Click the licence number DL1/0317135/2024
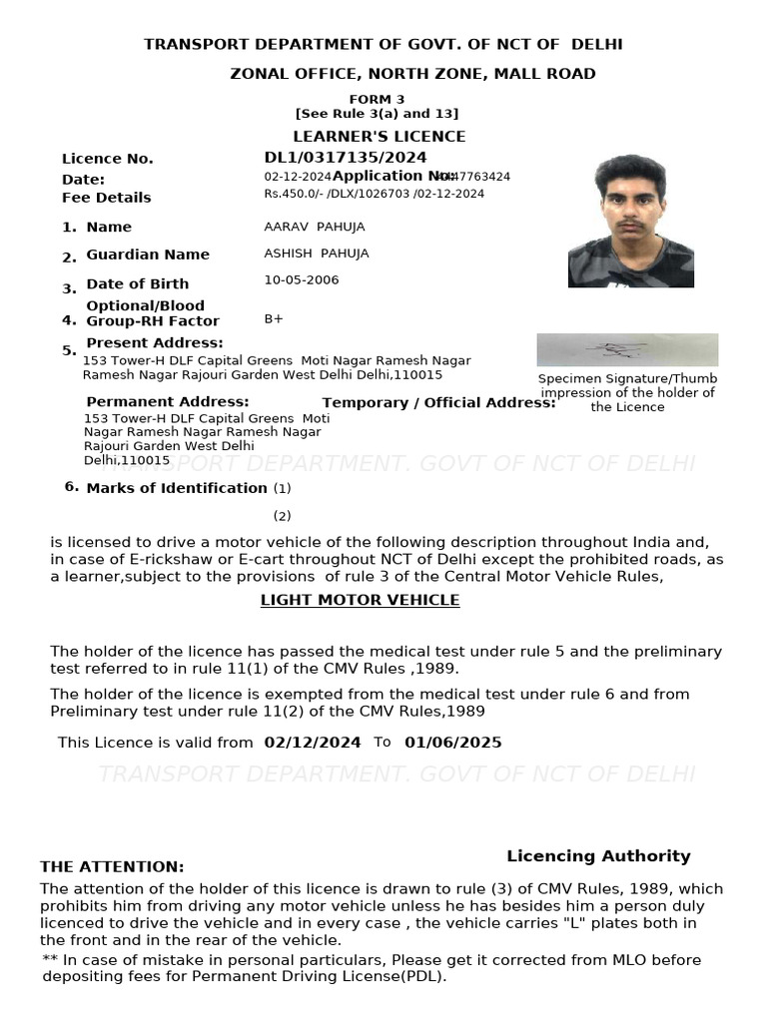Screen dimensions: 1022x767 click(345, 158)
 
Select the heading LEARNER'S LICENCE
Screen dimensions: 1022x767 click(379, 137)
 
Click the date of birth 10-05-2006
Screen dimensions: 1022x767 click(301, 280)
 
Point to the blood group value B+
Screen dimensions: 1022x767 click(274, 319)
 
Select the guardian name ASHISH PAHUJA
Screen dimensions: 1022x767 click(316, 254)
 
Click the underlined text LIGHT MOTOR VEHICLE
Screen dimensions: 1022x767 click(360, 600)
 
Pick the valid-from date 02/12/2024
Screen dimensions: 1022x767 click(312, 743)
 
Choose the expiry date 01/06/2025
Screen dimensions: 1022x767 click(452, 743)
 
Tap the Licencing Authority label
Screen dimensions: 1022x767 click(598, 856)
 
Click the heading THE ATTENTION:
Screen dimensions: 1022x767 click(112, 867)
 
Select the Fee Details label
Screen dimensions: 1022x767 click(107, 198)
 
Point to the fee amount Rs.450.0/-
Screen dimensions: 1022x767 click(291, 194)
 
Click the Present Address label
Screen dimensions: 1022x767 click(155, 343)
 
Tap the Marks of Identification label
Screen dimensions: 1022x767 click(177, 488)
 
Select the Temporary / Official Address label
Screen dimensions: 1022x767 click(438, 403)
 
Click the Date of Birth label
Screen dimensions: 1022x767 click(137, 283)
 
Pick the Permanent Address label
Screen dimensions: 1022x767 click(167, 401)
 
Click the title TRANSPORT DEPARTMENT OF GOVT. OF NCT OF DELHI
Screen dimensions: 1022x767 click(383, 45)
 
